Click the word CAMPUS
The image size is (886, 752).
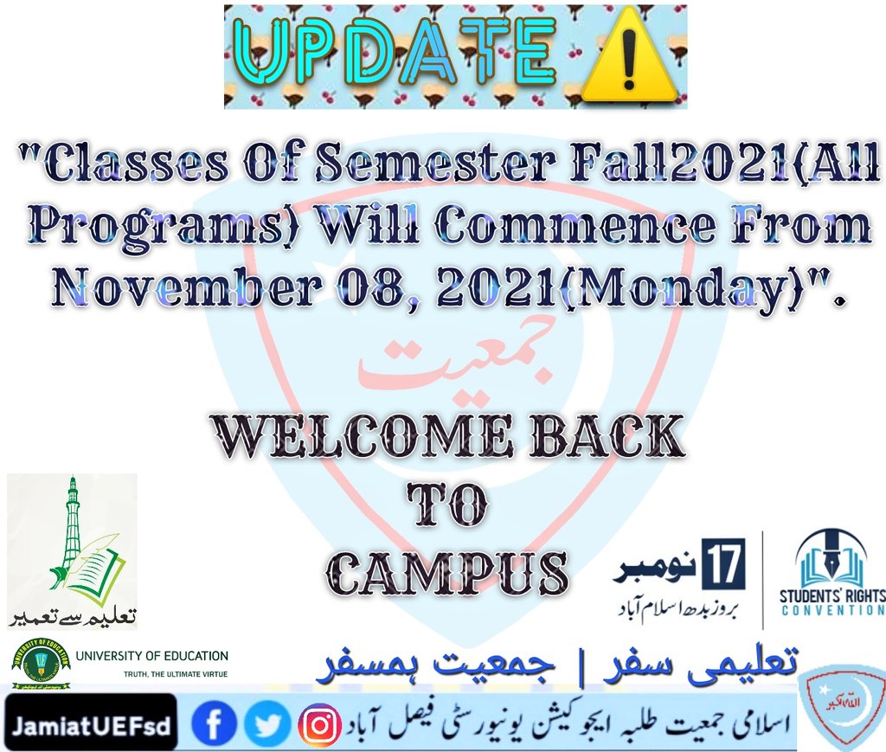coord(451,572)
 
